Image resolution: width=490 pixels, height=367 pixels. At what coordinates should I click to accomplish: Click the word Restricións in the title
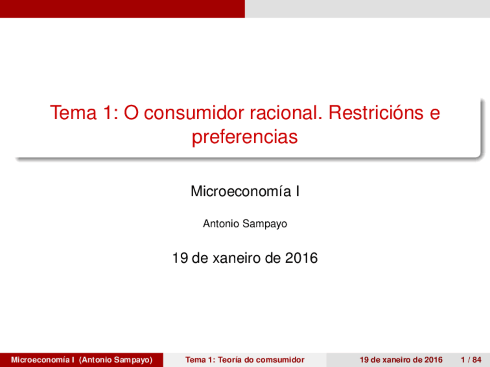pyautogui.click(x=376, y=112)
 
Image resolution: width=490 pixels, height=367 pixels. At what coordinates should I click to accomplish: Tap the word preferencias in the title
pyautogui.click(x=245, y=137)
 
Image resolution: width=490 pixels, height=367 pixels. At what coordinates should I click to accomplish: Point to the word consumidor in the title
pyautogui.click(x=194, y=112)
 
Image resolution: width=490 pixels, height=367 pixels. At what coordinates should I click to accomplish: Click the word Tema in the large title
pyautogui.click(x=73, y=112)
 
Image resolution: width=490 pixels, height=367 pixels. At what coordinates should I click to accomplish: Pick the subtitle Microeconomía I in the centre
pyautogui.click(x=245, y=191)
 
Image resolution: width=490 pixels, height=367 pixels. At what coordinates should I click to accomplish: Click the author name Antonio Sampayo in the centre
pyautogui.click(x=245, y=224)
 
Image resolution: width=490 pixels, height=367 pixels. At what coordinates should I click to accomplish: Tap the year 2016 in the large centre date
pyautogui.click(x=301, y=258)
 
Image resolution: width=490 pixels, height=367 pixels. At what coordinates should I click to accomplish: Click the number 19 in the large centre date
pyautogui.click(x=180, y=258)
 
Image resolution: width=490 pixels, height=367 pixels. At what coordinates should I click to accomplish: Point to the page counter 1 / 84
pyautogui.click(x=471, y=360)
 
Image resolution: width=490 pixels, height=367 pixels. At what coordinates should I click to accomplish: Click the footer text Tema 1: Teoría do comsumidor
pyautogui.click(x=245, y=360)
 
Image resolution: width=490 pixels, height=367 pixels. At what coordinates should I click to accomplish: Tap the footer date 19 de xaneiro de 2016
pyautogui.click(x=401, y=360)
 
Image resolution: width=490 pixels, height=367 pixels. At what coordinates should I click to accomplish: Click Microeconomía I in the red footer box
pyautogui.click(x=42, y=360)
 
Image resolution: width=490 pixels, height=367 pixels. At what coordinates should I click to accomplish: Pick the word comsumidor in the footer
pyautogui.click(x=280, y=360)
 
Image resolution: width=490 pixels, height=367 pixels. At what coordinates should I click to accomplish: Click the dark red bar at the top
pyautogui.click(x=122, y=8)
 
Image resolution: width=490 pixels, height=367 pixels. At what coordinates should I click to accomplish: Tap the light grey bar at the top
pyautogui.click(x=367, y=8)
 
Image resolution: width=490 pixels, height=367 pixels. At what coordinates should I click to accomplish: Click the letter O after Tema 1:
pyautogui.click(x=131, y=112)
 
